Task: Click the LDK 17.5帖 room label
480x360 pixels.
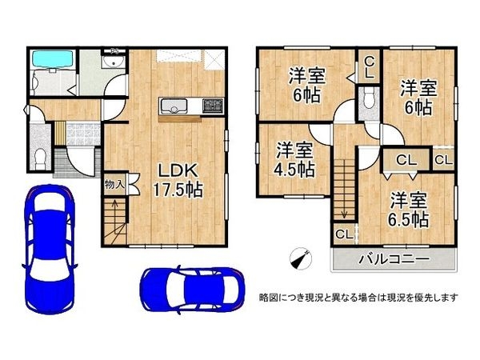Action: coord(178,181)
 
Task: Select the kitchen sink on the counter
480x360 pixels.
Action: coord(174,106)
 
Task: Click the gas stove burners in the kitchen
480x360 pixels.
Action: coord(213,105)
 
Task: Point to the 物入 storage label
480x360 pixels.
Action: coord(114,185)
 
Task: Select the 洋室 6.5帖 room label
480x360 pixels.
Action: coord(408,210)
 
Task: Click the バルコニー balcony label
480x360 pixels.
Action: coord(394,259)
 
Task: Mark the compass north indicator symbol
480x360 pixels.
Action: coord(300,258)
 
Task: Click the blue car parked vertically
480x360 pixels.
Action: coord(49,249)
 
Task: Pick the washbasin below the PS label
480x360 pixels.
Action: coord(114,62)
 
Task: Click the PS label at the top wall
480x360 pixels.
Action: coord(114,50)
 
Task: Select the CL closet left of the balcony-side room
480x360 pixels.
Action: coord(344,234)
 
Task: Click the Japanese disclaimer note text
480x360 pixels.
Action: coord(358,297)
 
